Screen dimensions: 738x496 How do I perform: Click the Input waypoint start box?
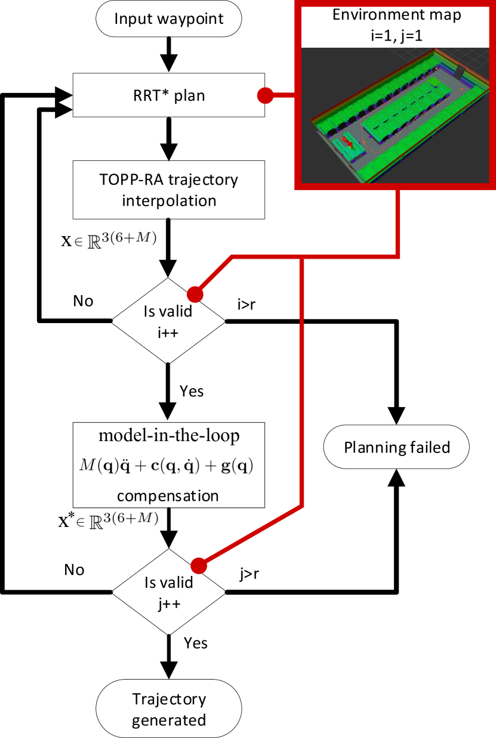click(x=168, y=18)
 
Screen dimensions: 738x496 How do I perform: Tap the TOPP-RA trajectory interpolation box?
click(x=169, y=190)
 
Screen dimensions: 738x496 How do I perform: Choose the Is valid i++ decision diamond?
click(x=169, y=321)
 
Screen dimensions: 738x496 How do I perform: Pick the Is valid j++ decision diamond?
click(x=169, y=592)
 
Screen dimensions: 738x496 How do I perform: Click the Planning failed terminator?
click(x=396, y=446)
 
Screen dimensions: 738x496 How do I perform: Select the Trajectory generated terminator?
click(x=168, y=709)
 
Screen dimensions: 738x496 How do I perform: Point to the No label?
click(x=74, y=570)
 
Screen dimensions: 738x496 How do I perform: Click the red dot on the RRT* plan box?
click(x=265, y=95)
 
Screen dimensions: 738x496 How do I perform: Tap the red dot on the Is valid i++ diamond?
click(x=195, y=294)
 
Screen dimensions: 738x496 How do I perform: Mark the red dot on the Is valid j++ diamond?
click(x=198, y=565)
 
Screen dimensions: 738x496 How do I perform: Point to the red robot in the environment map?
click(x=347, y=143)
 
